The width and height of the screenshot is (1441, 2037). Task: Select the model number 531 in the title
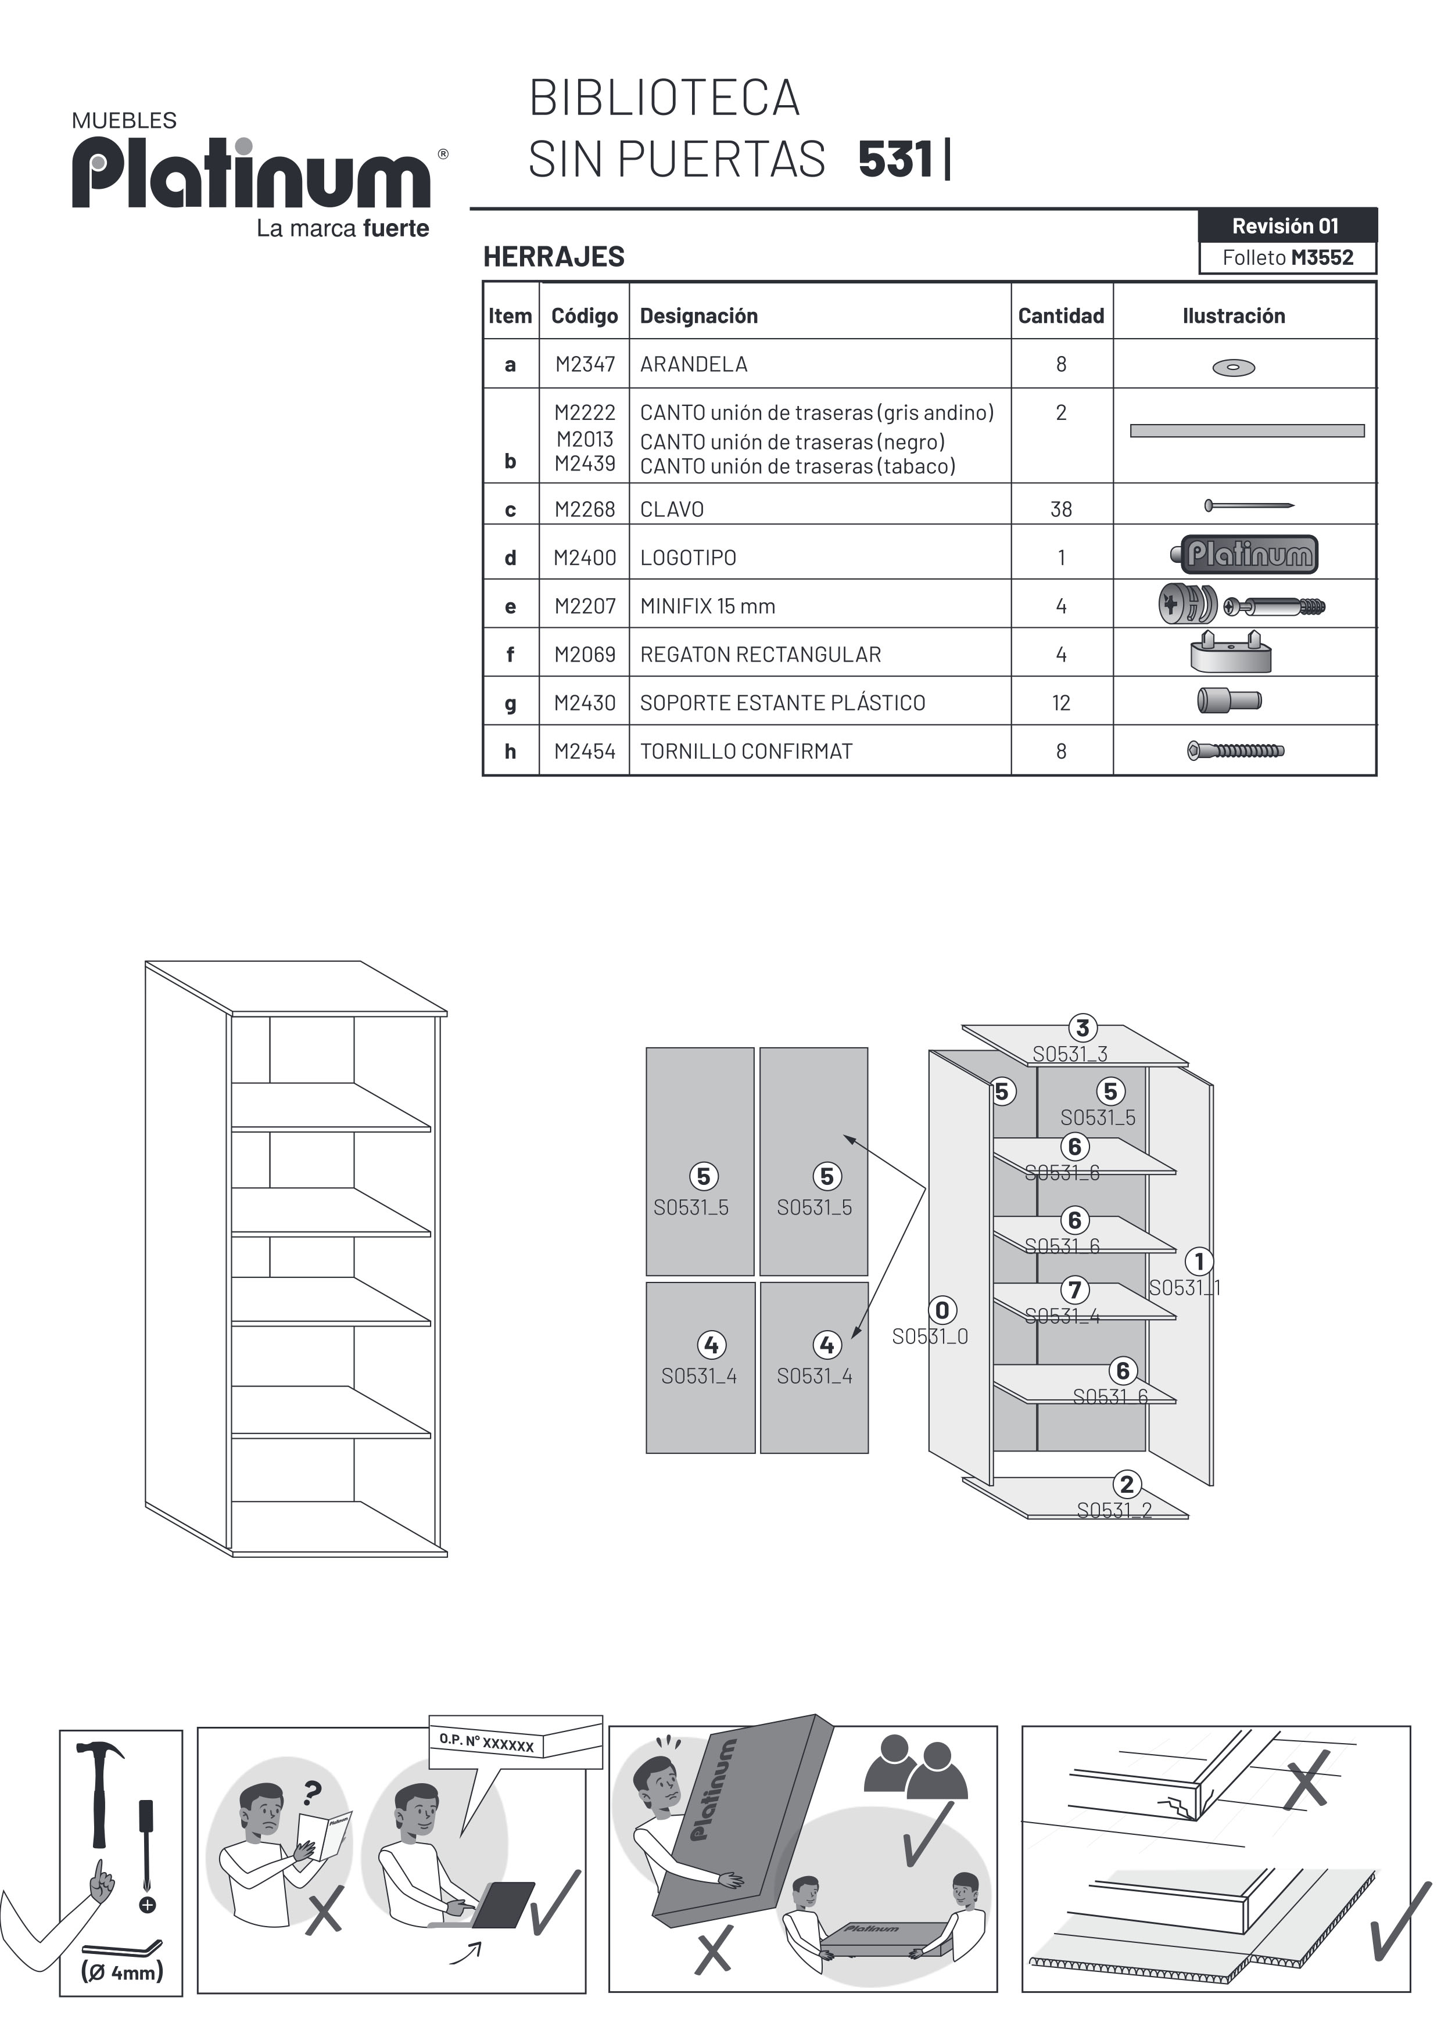[896, 160]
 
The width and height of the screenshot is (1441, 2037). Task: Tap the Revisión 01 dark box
[1286, 226]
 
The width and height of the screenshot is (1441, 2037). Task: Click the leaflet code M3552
[1322, 258]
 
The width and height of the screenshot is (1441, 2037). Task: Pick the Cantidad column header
[1061, 316]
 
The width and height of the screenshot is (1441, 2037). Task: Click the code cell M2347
[585, 365]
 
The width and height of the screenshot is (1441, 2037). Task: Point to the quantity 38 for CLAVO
[1061, 509]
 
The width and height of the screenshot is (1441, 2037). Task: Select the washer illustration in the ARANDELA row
[1234, 367]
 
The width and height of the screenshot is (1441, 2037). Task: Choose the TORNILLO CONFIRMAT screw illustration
[1235, 752]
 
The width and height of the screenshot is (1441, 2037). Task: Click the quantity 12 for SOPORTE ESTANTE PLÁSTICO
[1061, 703]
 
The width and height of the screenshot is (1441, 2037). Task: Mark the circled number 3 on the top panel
[1082, 1028]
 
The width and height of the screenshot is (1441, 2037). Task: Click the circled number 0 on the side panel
[942, 1310]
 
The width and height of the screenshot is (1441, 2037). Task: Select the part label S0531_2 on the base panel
[1114, 1511]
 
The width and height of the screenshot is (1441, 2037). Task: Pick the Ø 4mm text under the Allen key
[121, 1972]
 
